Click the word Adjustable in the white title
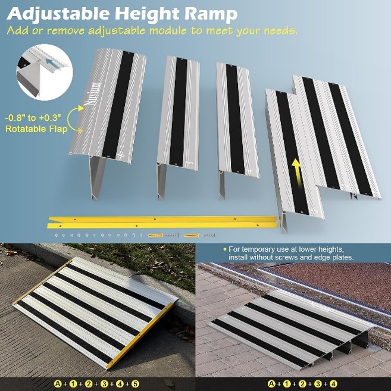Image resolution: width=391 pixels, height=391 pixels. tap(58, 14)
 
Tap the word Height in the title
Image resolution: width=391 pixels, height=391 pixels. tap(146, 14)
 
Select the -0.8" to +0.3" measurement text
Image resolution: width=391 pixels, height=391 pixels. tap(33, 117)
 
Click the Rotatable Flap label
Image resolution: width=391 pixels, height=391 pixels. tap(36, 129)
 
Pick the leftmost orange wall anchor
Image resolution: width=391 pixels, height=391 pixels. tap(155, 235)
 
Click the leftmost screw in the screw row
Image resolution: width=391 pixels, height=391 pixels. tap(56, 235)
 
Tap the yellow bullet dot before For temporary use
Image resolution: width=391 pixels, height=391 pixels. tap(225, 249)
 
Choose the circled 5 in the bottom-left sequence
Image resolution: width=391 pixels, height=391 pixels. tap(135, 383)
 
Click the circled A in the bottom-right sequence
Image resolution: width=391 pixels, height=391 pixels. tap(271, 383)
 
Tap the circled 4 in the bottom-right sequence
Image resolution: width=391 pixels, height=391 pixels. tap(333, 383)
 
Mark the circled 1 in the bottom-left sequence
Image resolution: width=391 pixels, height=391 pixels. tap(73, 383)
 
